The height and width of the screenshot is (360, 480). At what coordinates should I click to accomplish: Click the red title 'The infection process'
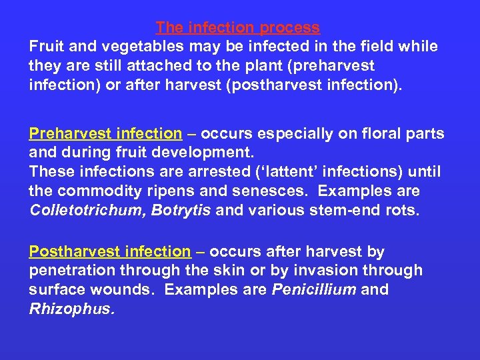(x=238, y=28)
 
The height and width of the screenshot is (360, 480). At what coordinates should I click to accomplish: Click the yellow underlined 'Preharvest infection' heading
(x=105, y=133)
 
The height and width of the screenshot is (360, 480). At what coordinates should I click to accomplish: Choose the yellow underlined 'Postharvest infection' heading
(x=110, y=251)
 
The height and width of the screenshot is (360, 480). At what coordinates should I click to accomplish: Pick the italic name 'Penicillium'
(x=313, y=290)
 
